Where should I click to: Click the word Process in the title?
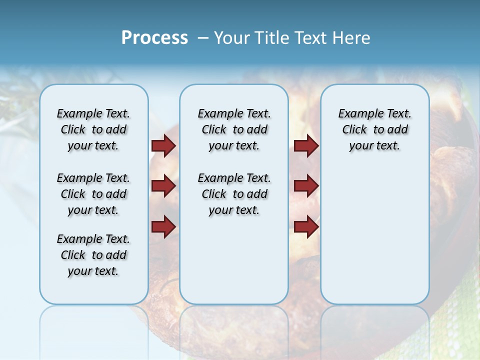coord(154,38)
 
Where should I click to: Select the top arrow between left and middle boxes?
coord(163,146)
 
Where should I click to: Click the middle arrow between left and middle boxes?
coord(163,186)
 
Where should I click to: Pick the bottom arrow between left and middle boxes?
coord(163,227)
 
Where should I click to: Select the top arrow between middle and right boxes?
coord(306,146)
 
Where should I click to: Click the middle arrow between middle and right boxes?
coord(306,186)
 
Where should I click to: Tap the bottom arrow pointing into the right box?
coord(306,227)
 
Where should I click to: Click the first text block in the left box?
coord(93,129)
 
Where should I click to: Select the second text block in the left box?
coord(93,194)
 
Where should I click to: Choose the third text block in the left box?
coord(93,255)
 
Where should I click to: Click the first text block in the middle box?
coord(234,129)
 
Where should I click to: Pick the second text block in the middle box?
coord(234,194)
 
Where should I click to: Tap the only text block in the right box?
coord(374,129)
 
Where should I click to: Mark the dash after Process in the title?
coord(203,38)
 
